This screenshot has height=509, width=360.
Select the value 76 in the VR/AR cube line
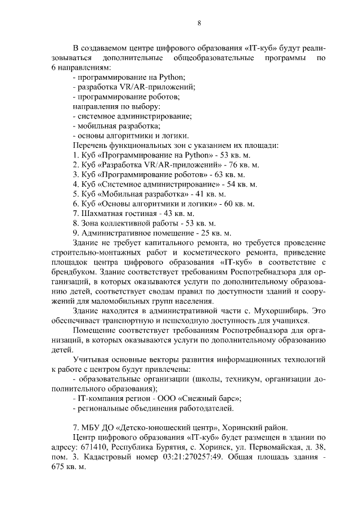coord(229,165)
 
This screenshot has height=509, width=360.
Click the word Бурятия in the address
coord(183,446)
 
